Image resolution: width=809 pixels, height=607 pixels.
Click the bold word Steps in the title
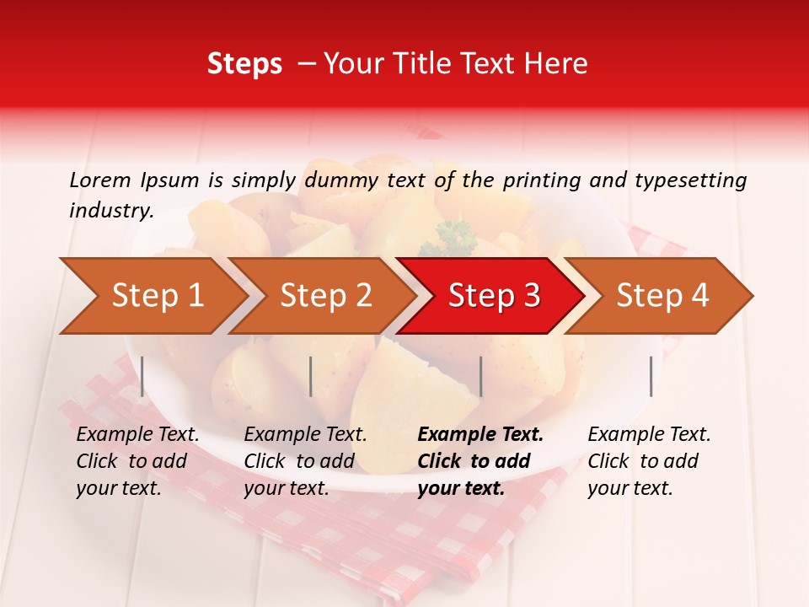tap(244, 63)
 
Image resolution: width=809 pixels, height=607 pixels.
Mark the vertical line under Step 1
tap(142, 376)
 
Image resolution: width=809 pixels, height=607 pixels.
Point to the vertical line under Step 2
tap(311, 376)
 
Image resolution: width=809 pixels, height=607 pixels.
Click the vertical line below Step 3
tap(480, 376)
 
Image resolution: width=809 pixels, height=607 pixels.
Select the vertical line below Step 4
tap(651, 376)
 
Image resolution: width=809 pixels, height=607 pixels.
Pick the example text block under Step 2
tap(305, 461)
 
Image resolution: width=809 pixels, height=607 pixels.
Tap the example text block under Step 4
tap(649, 461)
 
